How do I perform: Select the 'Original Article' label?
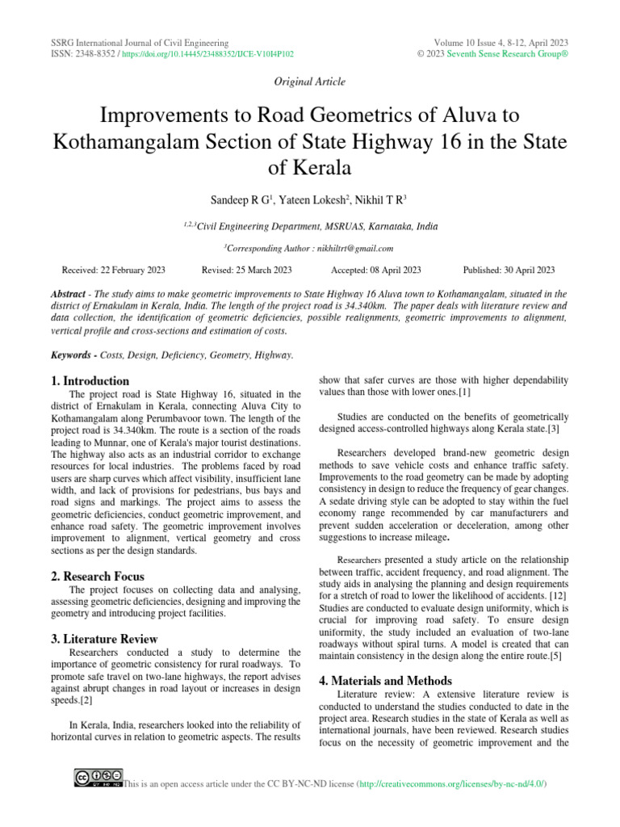pyautogui.click(x=311, y=82)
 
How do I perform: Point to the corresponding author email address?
pyautogui.click(x=361, y=249)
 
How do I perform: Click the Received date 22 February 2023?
pyautogui.click(x=113, y=270)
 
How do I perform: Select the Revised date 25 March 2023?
pyautogui.click(x=246, y=270)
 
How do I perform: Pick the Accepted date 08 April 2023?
pyautogui.click(x=375, y=270)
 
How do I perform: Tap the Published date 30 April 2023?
pyautogui.click(x=509, y=270)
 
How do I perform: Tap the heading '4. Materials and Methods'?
pyautogui.click(x=385, y=680)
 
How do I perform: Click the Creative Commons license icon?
pyautogui.click(x=98, y=778)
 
